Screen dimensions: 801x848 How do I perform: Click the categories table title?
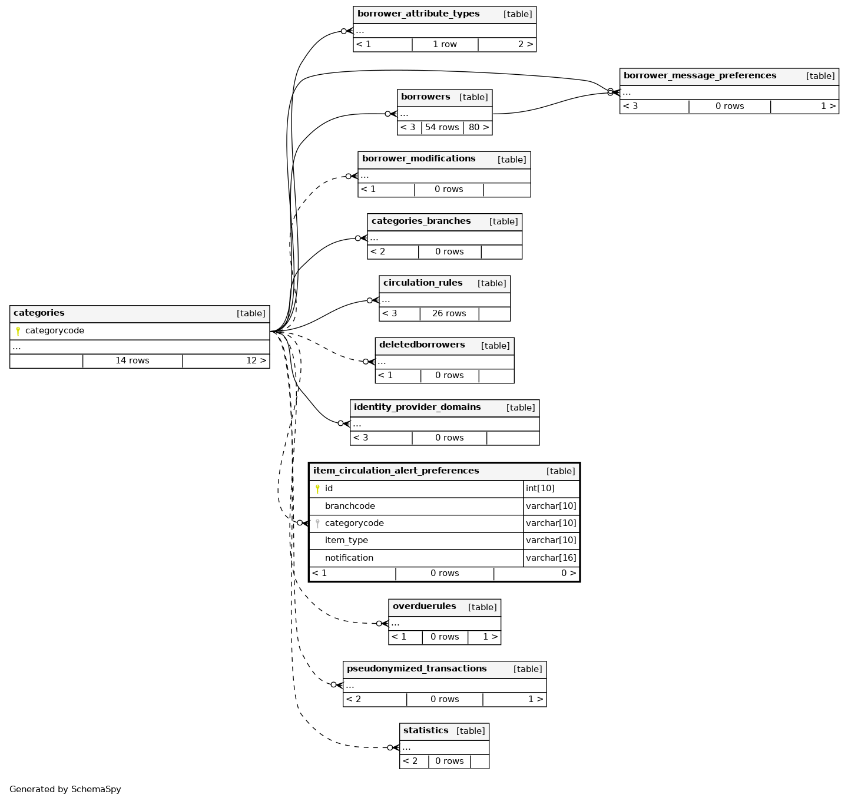tap(39, 313)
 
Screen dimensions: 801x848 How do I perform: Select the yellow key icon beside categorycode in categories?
tap(18, 331)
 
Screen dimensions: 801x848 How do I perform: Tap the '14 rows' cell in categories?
tap(132, 361)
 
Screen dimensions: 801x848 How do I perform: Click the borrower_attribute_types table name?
tap(418, 14)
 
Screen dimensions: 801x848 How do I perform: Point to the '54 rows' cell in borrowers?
tap(442, 128)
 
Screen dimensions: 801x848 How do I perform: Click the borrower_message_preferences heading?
tap(700, 76)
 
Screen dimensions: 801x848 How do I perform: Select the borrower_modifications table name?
tap(419, 159)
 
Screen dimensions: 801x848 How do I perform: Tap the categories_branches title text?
tap(421, 221)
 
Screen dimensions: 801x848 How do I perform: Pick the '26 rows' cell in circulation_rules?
tap(449, 314)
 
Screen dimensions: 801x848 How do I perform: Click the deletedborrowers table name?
tap(422, 345)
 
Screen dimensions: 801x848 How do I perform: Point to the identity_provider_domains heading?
tap(417, 408)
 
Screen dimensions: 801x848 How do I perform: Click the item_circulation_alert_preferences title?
tap(396, 471)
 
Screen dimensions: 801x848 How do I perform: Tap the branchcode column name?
tap(350, 507)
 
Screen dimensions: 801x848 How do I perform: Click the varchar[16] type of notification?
tap(551, 558)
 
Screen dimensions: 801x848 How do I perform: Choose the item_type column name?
tap(346, 541)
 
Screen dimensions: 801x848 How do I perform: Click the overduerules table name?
tap(424, 607)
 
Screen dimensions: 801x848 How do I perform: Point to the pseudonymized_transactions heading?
tap(416, 669)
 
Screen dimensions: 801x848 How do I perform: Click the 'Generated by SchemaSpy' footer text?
tap(65, 790)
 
